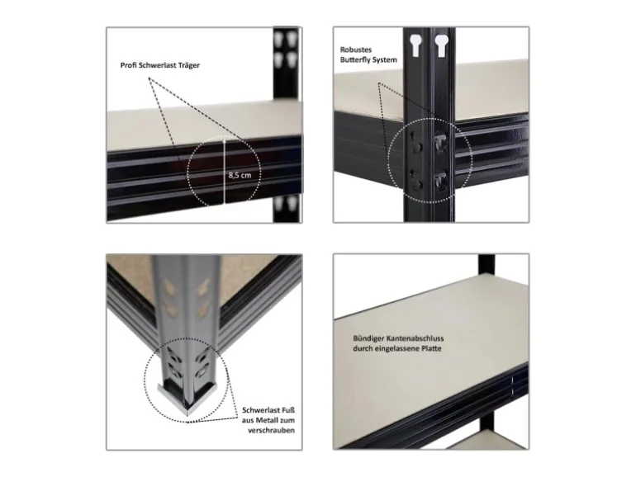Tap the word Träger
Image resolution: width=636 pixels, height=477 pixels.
[186, 65]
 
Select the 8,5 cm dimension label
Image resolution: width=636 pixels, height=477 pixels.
[240, 176]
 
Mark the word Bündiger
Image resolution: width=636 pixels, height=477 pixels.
[368, 339]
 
